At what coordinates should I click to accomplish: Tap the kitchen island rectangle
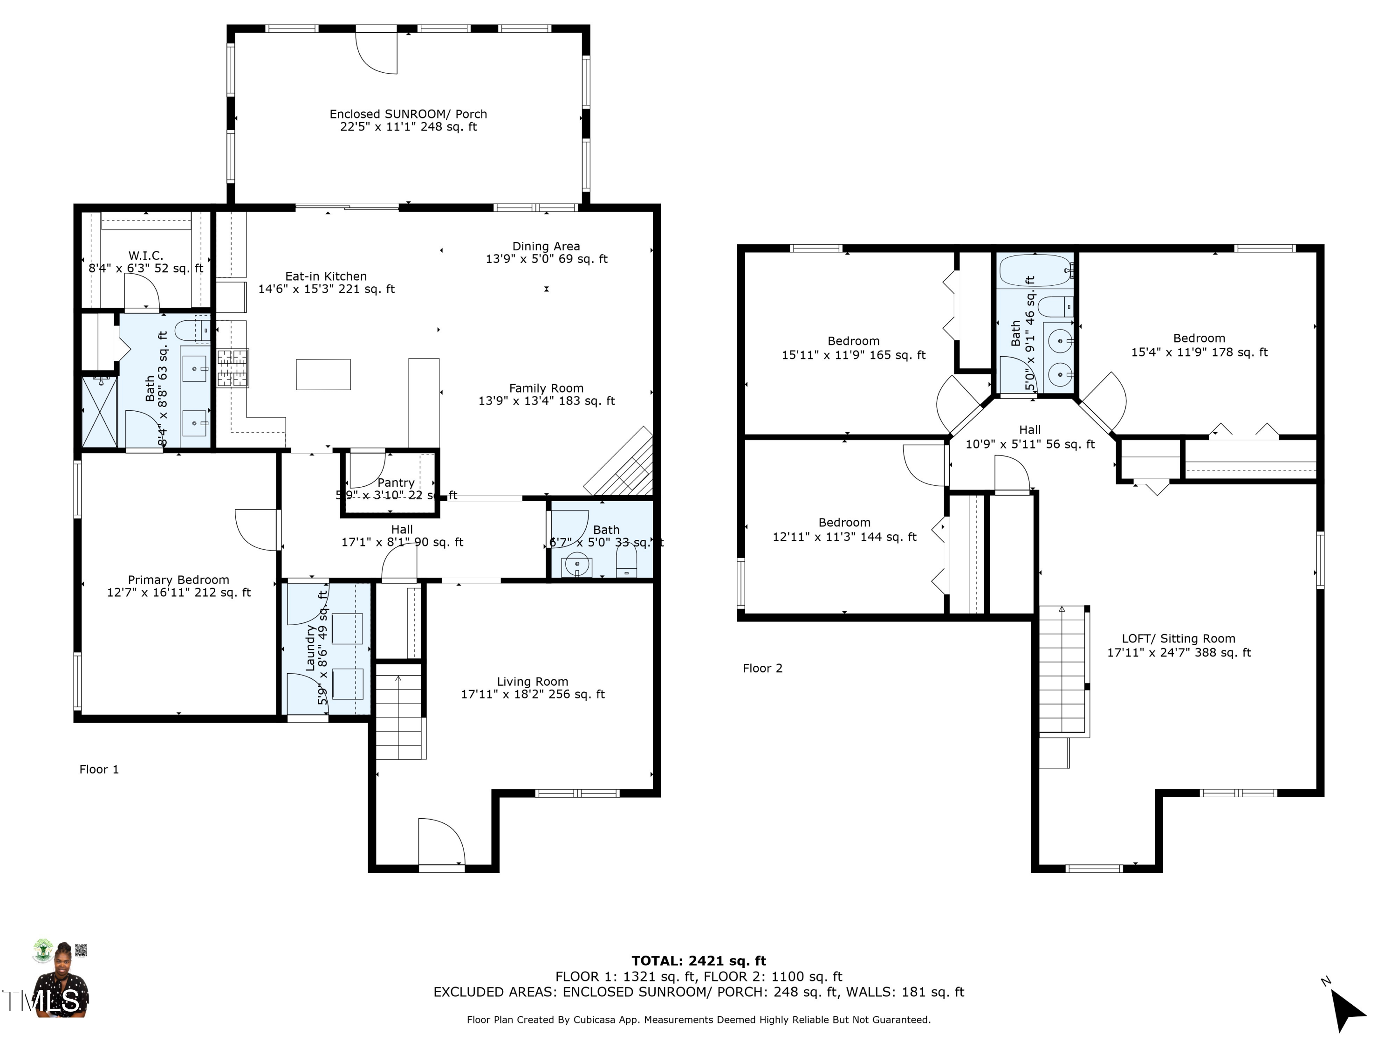(x=323, y=374)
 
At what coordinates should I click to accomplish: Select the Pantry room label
(x=396, y=483)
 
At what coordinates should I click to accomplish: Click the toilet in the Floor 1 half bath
(x=626, y=561)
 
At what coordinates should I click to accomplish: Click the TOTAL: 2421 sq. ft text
(x=699, y=961)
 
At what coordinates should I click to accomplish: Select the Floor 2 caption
(x=762, y=669)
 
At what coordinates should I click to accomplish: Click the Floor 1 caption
(x=99, y=770)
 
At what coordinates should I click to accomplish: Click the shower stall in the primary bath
(x=100, y=412)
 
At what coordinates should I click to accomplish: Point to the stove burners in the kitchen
(x=233, y=367)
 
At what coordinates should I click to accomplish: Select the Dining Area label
(x=546, y=246)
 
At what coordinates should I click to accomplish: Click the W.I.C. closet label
(x=145, y=255)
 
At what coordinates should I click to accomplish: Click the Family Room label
(x=546, y=388)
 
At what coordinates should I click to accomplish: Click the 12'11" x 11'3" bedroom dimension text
(x=844, y=537)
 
